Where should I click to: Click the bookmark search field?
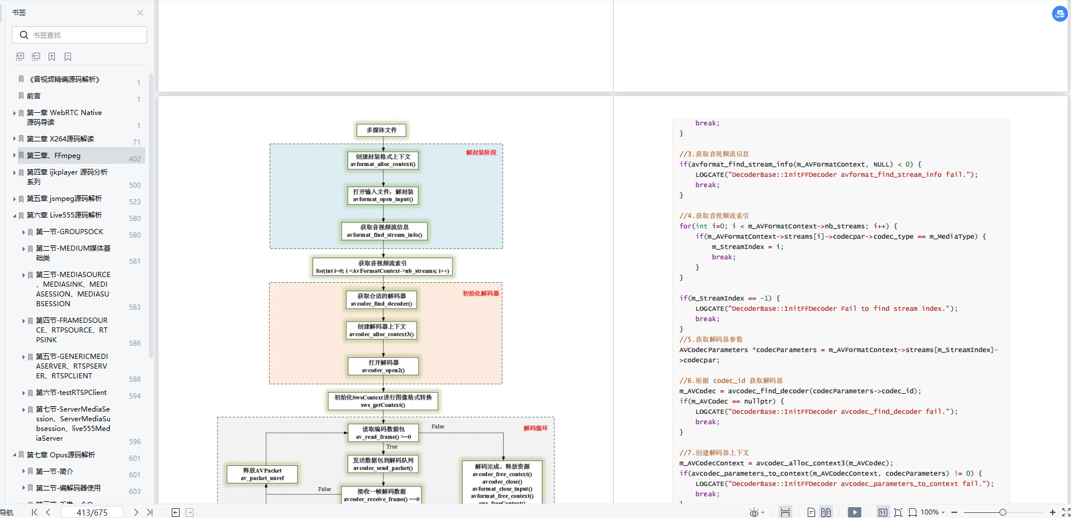coord(80,35)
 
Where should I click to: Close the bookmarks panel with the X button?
coord(140,13)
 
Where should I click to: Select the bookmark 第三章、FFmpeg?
coord(54,156)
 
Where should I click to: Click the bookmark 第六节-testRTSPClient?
coord(71,393)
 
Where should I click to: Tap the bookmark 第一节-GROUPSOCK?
coord(69,232)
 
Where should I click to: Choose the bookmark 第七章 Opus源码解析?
coord(61,455)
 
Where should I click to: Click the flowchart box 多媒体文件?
coord(381,131)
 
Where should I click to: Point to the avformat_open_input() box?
coord(383,196)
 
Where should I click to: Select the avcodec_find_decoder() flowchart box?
coord(381,300)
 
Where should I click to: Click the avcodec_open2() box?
coord(383,366)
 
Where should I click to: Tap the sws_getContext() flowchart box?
coord(383,401)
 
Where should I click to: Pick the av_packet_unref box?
coord(262,474)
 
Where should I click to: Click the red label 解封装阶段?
coord(481,153)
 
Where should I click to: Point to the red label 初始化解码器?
coord(481,294)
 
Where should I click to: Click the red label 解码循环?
coord(536,428)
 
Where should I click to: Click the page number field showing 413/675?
coord(92,512)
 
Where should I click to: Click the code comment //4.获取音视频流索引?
coord(714,216)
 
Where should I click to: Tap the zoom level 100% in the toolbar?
coord(930,512)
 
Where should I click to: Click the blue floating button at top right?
coord(1060,14)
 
